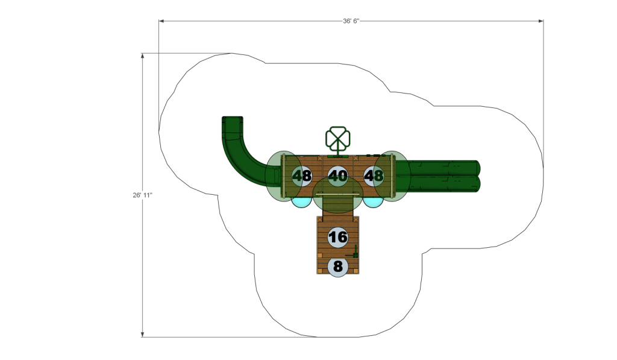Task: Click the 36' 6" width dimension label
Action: coord(351,21)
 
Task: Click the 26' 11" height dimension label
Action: coord(142,195)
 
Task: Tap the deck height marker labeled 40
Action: coord(337,175)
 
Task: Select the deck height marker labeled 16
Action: coord(337,237)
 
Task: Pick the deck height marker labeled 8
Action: coord(337,267)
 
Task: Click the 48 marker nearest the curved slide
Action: coord(302,175)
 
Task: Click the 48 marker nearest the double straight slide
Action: coord(374,175)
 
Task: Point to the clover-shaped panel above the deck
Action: coord(337,138)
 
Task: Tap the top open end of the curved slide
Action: coord(232,118)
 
